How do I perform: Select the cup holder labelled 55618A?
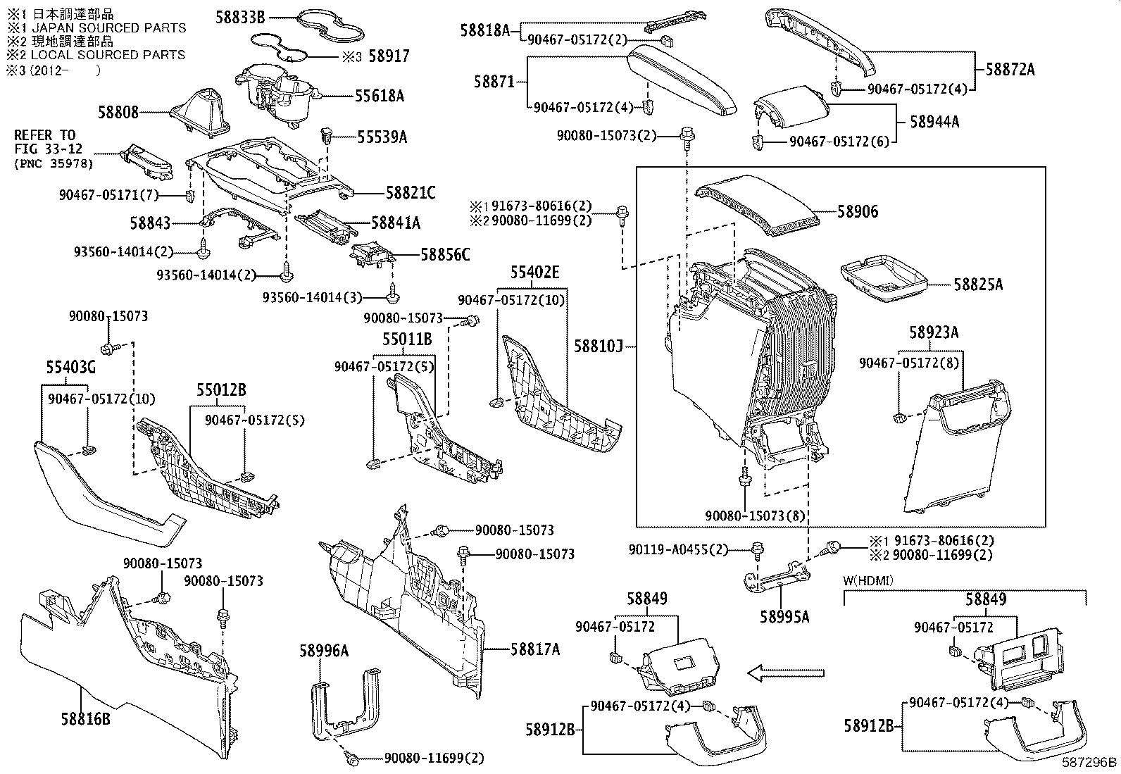click(x=278, y=95)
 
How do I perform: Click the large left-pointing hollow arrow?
click(x=785, y=673)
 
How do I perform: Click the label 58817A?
click(x=535, y=649)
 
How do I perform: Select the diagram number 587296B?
click(x=1089, y=761)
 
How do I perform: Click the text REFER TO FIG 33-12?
click(x=45, y=141)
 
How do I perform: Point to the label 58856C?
click(x=444, y=254)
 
